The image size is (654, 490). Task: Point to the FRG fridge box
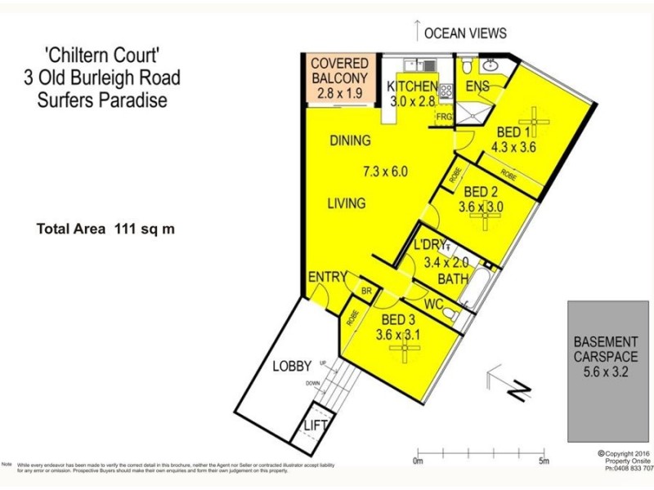pyautogui.click(x=444, y=117)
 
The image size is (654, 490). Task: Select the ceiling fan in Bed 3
pyautogui.click(x=404, y=350)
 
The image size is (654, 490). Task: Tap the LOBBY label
pyautogui.click(x=293, y=366)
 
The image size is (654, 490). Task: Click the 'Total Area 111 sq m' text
pyautogui.click(x=105, y=229)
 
